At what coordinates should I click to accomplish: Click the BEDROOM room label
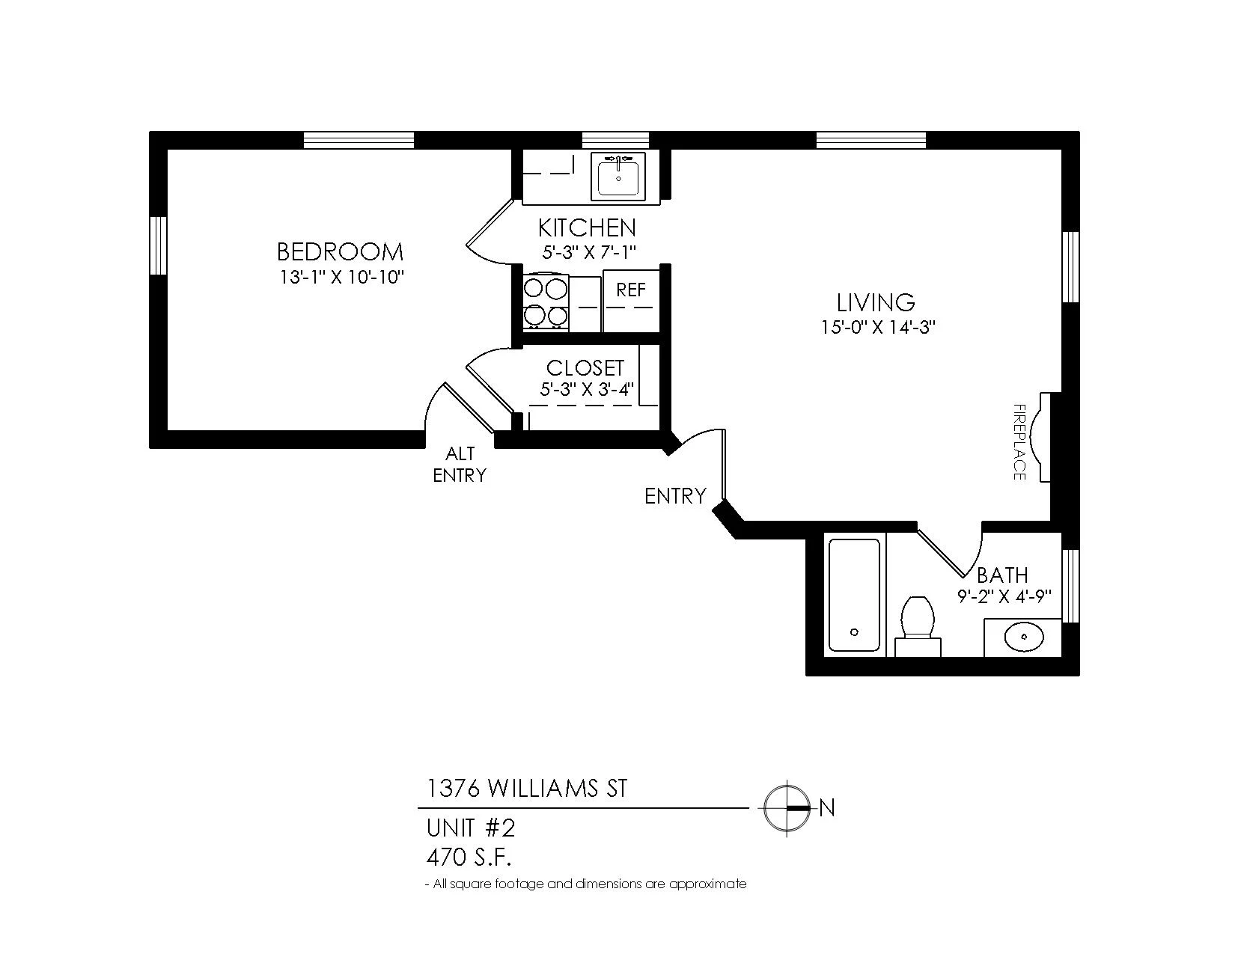click(340, 251)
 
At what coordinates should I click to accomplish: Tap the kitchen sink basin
click(618, 176)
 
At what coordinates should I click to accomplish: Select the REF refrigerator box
click(631, 301)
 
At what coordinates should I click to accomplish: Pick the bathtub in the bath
click(853, 595)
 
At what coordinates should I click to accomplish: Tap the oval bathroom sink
click(1024, 638)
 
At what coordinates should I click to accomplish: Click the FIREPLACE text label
click(1019, 442)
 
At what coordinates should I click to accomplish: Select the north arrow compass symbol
click(787, 807)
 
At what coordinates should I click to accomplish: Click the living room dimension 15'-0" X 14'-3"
click(877, 327)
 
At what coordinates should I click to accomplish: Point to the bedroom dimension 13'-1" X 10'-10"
click(341, 278)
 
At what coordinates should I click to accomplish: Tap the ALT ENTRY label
click(460, 464)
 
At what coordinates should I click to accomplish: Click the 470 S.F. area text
click(469, 857)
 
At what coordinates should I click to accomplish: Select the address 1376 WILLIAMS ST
click(527, 789)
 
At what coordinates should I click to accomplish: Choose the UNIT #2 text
click(471, 828)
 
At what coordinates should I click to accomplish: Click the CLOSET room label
click(585, 368)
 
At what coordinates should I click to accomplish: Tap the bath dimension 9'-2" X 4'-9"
click(1004, 596)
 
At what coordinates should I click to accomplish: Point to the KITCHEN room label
click(587, 228)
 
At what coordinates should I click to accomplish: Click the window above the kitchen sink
click(615, 141)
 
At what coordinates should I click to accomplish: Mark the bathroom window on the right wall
click(1071, 586)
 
